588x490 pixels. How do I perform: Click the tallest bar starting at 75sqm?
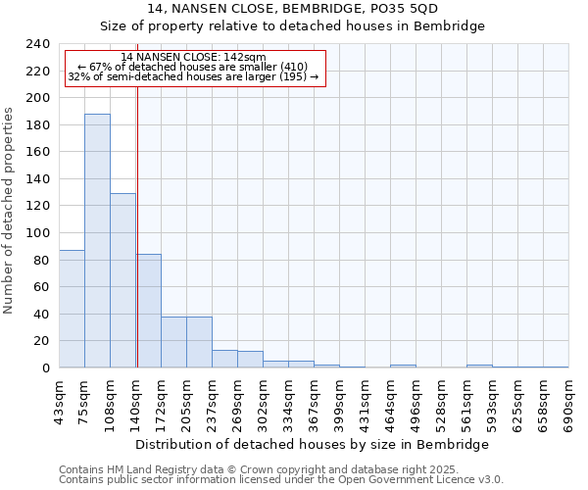(97, 240)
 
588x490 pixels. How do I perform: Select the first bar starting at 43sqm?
(72, 309)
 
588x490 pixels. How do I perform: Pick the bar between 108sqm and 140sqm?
(122, 280)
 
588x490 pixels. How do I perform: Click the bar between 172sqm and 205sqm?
(173, 342)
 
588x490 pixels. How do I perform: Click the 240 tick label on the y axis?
(38, 44)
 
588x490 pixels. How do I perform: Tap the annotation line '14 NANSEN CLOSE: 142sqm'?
(193, 57)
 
